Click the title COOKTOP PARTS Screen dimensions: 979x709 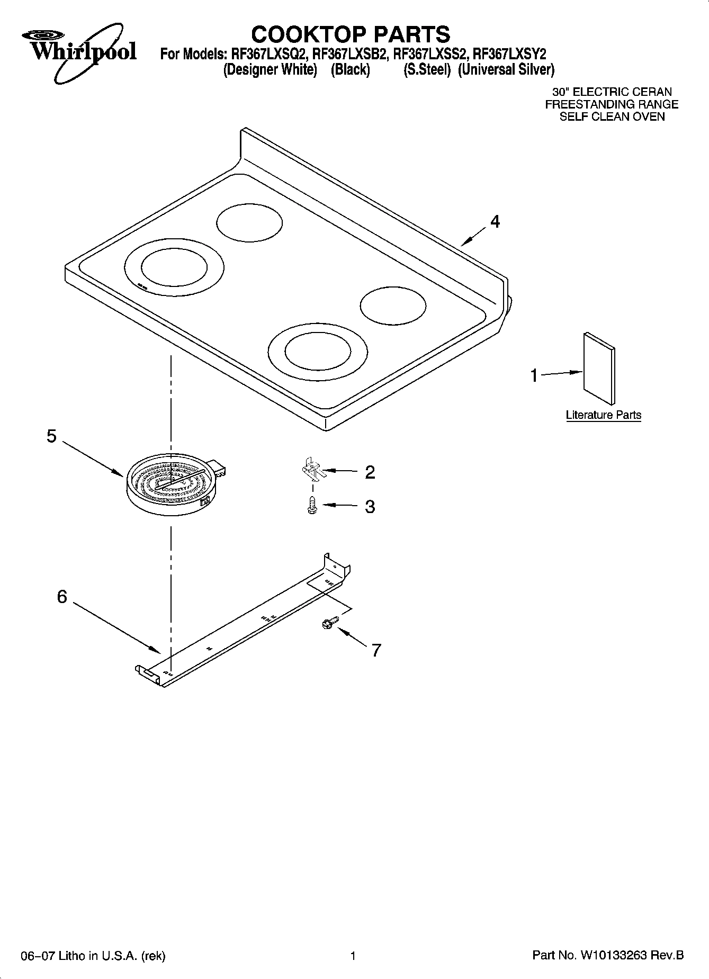(351, 34)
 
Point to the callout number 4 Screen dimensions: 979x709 (495, 222)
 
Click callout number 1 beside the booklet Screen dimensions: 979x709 (534, 376)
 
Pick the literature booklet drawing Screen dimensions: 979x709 (599, 368)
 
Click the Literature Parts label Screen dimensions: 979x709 (603, 415)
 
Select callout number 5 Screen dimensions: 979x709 (51, 437)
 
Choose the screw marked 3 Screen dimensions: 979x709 (312, 506)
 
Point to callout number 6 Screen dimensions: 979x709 (62, 597)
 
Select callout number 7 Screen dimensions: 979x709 (376, 650)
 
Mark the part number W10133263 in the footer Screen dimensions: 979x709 (614, 956)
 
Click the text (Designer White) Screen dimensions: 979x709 (270, 70)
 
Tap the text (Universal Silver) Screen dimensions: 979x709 (506, 70)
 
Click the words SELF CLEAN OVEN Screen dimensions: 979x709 (612, 116)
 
